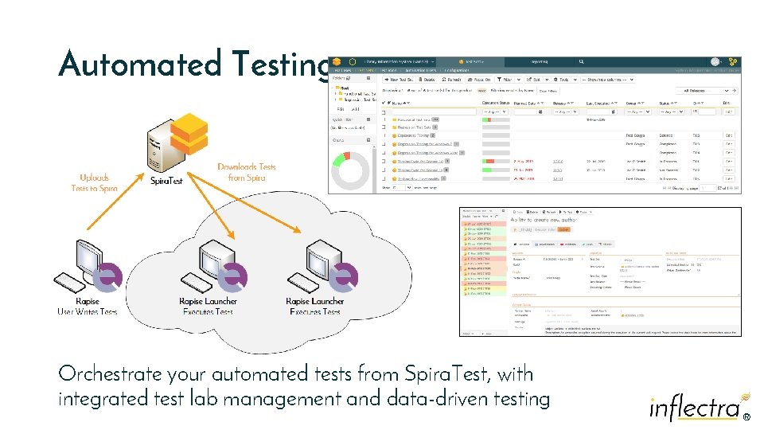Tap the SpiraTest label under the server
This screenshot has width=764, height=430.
[166, 181]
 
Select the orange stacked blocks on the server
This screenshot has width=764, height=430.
[189, 133]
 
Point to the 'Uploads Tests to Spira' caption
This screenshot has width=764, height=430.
[94, 183]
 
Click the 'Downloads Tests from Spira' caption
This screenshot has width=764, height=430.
[246, 172]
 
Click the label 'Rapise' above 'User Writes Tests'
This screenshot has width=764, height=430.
[87, 302]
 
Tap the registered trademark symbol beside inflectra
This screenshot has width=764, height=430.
[746, 416]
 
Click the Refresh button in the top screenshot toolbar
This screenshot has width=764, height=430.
[451, 80]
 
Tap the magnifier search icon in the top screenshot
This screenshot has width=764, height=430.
[583, 61]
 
